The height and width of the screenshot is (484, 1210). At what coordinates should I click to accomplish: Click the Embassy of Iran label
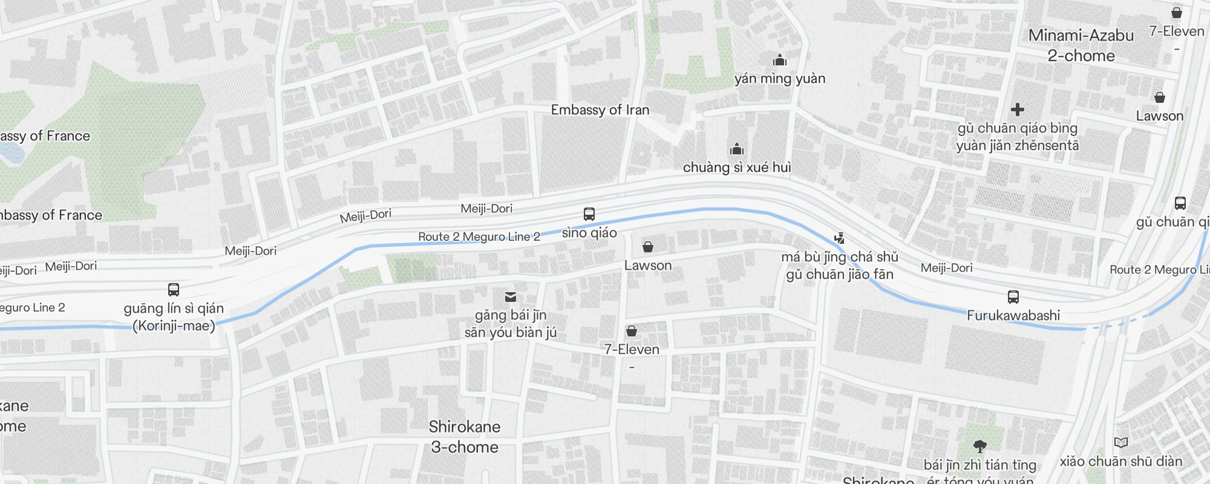tap(600, 110)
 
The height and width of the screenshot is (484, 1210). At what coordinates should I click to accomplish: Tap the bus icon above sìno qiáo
tap(589, 214)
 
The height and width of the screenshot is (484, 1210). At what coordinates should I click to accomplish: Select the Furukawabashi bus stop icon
tap(1013, 297)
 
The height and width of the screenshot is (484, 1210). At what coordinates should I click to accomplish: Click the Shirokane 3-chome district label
tap(465, 437)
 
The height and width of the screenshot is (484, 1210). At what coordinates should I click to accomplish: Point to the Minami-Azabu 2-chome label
tap(1081, 45)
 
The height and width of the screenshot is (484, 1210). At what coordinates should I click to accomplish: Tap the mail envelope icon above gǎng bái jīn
tap(511, 296)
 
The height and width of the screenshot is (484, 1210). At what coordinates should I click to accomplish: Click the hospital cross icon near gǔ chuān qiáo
tap(1018, 110)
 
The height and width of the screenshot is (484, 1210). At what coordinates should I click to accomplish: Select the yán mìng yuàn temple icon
tap(780, 60)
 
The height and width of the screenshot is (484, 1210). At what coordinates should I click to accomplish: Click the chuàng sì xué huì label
tap(737, 168)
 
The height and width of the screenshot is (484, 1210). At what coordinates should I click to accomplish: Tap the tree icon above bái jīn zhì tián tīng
tap(980, 447)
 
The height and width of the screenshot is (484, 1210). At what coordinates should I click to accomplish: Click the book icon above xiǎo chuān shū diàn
tap(1120, 443)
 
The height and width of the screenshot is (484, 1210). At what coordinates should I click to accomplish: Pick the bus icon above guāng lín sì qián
tap(174, 290)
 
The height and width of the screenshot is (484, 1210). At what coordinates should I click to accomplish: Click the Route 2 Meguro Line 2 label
tap(479, 237)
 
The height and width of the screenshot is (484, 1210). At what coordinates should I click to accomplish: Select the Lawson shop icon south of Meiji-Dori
tap(647, 247)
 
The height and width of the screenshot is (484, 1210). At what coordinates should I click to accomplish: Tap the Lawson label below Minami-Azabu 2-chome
tap(1159, 116)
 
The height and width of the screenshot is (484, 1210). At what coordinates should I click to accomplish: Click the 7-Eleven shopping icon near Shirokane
tap(632, 331)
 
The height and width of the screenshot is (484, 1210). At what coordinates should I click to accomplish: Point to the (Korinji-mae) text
tap(174, 326)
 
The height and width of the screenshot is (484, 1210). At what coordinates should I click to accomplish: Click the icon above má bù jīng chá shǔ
tap(839, 238)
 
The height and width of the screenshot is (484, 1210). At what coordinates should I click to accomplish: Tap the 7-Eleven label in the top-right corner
tap(1176, 31)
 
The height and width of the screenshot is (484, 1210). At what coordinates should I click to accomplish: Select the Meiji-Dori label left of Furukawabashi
tap(946, 268)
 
